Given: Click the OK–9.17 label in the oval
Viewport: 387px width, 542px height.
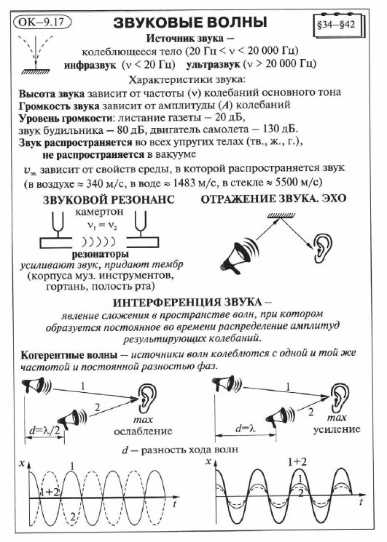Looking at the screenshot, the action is [42, 22].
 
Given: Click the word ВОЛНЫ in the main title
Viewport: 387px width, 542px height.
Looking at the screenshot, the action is [235, 23].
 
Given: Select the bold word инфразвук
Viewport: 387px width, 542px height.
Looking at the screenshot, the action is [90, 65].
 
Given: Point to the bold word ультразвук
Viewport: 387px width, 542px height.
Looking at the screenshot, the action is [213, 64].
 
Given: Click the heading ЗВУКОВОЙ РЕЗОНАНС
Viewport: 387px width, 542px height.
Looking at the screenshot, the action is [109, 200].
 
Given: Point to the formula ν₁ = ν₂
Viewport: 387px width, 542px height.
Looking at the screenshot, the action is [102, 226].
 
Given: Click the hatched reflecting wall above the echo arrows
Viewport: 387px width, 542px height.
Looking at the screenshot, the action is [281, 215].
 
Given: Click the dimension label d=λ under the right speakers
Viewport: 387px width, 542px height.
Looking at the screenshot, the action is [246, 429].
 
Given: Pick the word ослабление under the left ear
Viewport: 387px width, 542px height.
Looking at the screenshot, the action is [143, 431].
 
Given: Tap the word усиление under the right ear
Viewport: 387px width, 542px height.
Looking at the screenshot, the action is [337, 429].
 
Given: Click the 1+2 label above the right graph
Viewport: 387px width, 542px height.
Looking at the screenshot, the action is [297, 462].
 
